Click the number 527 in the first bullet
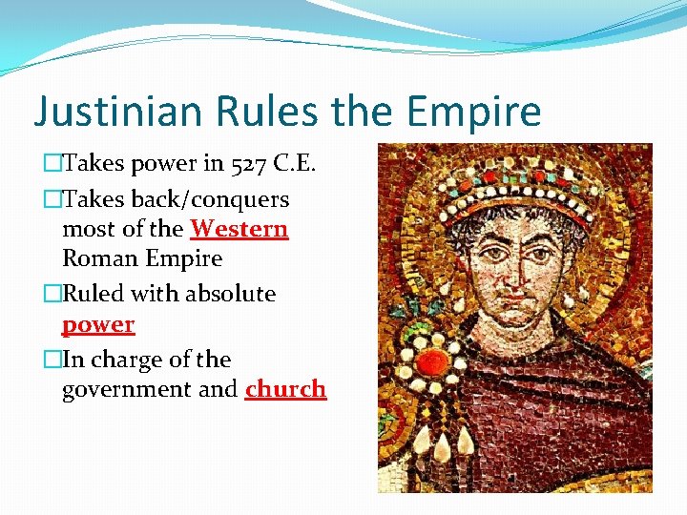point(249,164)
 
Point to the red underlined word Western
point(239,229)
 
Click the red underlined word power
point(98,324)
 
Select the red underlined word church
point(285,389)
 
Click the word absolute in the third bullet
point(229,294)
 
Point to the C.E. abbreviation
point(295,164)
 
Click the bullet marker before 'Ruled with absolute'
point(50,294)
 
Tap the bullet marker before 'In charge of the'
point(50,360)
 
